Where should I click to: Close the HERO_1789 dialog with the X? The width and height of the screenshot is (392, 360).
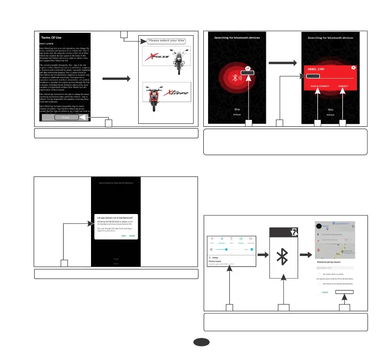(353, 68)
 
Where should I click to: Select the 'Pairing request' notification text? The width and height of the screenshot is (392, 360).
(216, 262)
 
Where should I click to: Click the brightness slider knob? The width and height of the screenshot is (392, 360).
(225, 249)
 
